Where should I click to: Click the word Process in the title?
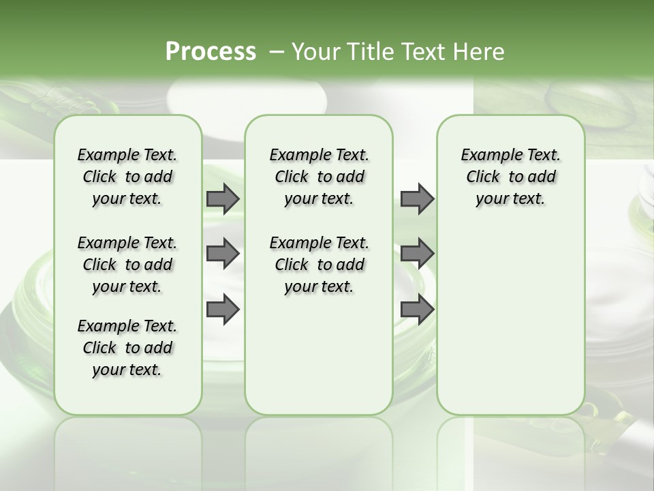click(x=211, y=52)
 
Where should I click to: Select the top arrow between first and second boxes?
click(x=223, y=199)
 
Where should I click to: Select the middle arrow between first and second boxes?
click(x=223, y=254)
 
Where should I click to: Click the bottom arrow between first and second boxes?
click(x=223, y=310)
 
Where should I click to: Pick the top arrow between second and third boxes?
click(x=417, y=199)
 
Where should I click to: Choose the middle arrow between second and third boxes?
click(x=417, y=254)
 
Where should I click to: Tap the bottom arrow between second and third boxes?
click(x=417, y=310)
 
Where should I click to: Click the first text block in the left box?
click(x=127, y=177)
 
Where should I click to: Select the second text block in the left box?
click(x=127, y=265)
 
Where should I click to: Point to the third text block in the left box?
click(x=127, y=348)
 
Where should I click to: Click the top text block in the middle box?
click(x=320, y=177)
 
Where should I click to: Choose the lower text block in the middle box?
click(x=320, y=265)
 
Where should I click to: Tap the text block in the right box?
click(x=511, y=177)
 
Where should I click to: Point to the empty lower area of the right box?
click(x=511, y=321)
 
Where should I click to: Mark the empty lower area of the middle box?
click(x=320, y=355)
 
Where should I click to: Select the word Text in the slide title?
click(x=421, y=52)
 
